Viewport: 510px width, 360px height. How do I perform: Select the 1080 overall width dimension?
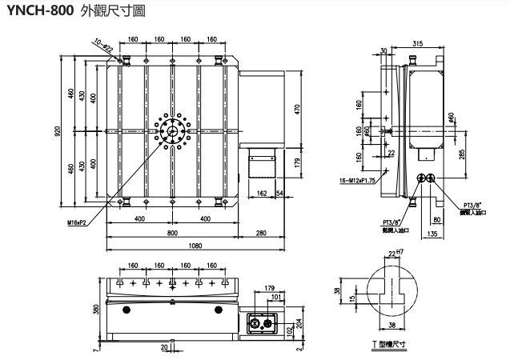click(183, 246)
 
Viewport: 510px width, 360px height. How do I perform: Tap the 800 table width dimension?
click(172, 233)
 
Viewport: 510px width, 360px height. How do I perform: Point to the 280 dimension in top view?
click(261, 233)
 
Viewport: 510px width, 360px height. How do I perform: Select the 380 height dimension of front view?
click(96, 309)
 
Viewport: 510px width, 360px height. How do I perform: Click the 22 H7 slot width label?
click(393, 254)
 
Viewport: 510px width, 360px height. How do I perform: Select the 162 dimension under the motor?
click(263, 193)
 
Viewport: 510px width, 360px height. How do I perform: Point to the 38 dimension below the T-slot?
click(392, 326)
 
